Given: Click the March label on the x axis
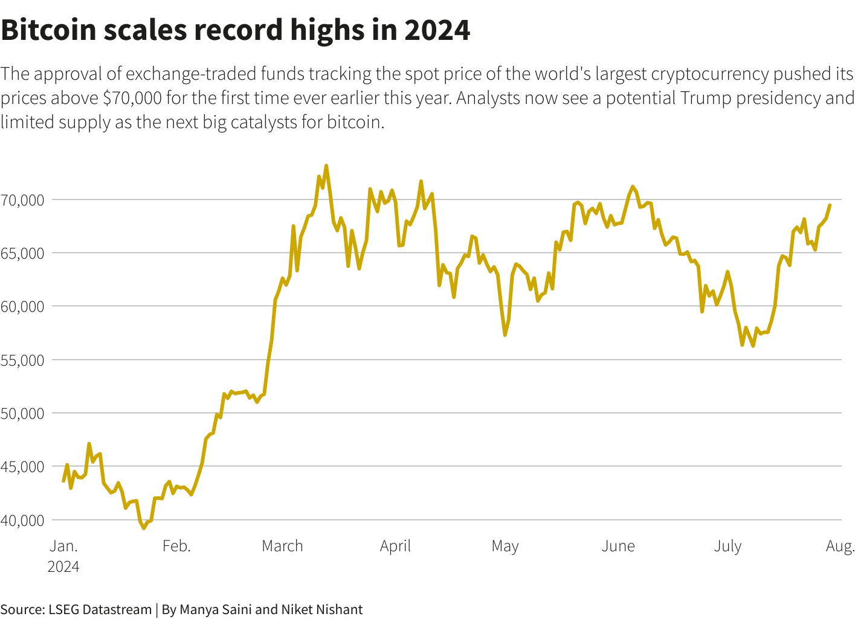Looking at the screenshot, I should coord(282,546).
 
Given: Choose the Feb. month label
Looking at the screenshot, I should coord(176,546).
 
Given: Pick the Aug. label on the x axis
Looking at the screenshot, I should coord(840,546).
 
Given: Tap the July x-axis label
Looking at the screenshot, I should coord(727,546).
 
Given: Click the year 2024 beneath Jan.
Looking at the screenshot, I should coord(63,566).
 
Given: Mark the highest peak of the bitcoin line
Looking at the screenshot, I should coord(326,166).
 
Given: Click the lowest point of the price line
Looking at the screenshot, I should coord(144,528).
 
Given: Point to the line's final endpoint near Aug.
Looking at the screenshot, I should coord(830,205).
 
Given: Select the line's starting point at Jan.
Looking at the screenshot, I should coord(63,481).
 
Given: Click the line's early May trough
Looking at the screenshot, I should coord(505,335).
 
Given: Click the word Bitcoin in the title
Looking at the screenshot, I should coord(48,30).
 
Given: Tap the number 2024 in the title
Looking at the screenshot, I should coord(437,30).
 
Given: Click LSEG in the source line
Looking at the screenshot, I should coord(63,609).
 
